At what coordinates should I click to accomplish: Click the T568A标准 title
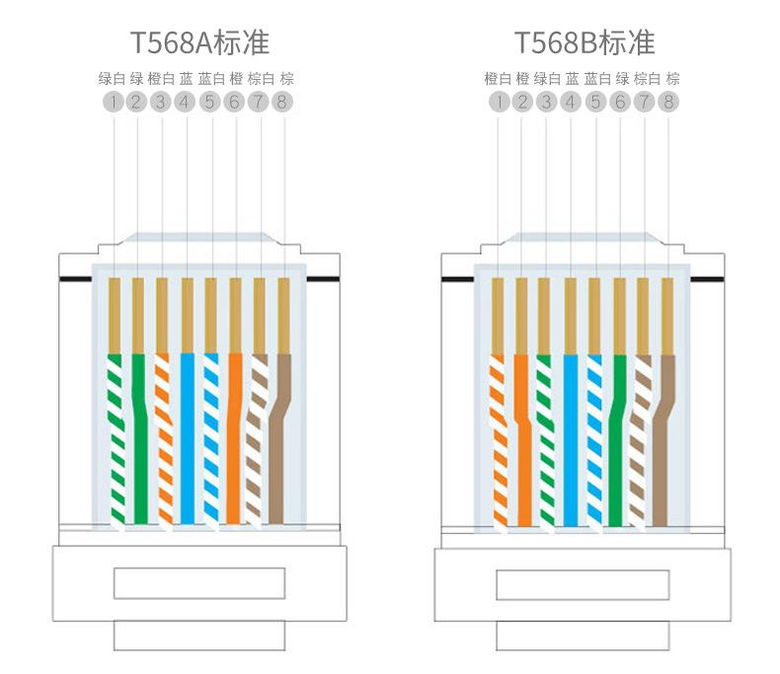199,42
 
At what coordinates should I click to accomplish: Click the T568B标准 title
584,42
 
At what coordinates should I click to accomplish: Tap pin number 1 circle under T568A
114,102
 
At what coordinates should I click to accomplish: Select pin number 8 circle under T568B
668,102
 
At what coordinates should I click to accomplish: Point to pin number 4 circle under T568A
185,102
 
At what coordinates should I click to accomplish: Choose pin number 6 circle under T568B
620,102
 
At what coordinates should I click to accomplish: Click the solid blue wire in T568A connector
187,438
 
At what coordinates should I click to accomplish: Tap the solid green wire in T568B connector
617,440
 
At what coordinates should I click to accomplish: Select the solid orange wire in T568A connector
234,438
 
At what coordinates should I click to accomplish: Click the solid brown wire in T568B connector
662,440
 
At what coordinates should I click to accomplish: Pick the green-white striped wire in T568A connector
117,439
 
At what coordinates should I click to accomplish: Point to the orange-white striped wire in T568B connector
499,441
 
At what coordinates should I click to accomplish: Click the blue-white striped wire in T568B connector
594,441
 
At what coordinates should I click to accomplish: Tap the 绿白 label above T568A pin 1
112,79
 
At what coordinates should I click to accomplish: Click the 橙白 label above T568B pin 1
498,79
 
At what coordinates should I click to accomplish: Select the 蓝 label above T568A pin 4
186,79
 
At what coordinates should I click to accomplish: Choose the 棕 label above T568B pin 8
672,79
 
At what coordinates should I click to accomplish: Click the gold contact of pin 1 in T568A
115,315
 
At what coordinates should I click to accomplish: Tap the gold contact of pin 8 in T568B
667,316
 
